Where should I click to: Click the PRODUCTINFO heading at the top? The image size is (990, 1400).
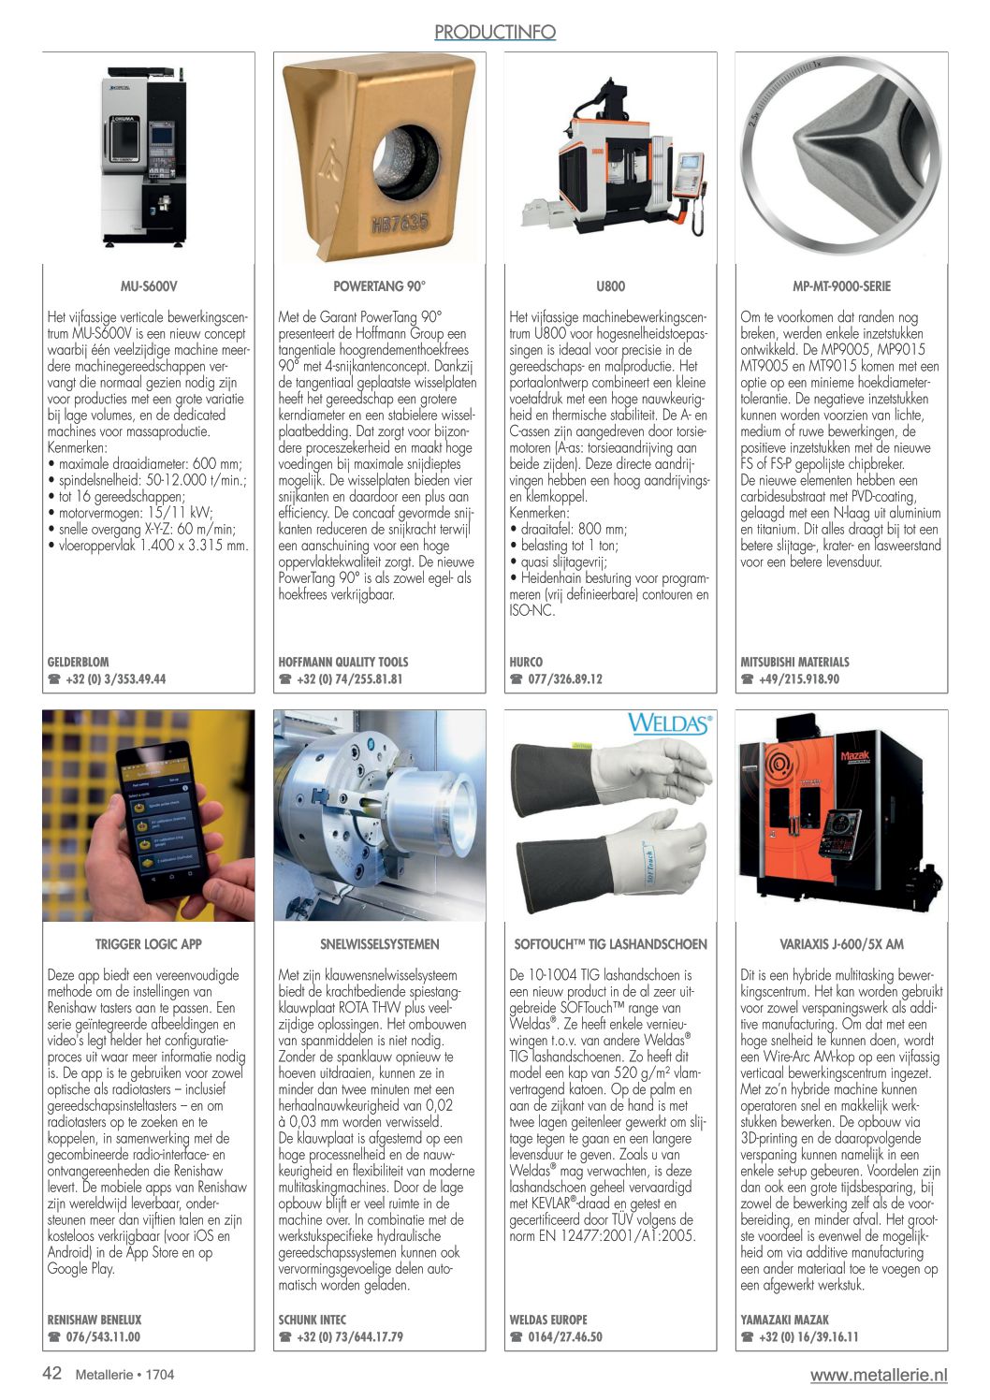point(495,33)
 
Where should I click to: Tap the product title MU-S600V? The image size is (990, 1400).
point(149,286)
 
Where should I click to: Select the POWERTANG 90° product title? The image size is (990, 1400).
point(379,286)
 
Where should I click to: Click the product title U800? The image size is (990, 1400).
point(610,286)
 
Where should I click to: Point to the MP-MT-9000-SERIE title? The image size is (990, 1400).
point(841,286)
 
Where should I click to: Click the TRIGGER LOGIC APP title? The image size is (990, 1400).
point(149,944)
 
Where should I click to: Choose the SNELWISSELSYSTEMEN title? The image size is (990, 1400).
point(379,944)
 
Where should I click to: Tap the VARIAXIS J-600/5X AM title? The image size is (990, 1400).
point(841,944)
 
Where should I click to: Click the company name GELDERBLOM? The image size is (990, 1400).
point(79,662)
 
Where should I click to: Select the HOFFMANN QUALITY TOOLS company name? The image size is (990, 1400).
point(343,662)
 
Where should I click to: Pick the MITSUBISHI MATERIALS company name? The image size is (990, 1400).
point(794,662)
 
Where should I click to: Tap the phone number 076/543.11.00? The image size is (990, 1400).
point(103,1337)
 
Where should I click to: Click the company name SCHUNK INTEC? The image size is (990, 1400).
point(312,1320)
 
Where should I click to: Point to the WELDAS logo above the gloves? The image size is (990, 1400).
point(670,723)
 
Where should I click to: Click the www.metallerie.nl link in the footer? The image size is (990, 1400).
point(879,1375)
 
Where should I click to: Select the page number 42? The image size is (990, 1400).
point(52,1373)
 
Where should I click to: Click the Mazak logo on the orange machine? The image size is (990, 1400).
point(855,755)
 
